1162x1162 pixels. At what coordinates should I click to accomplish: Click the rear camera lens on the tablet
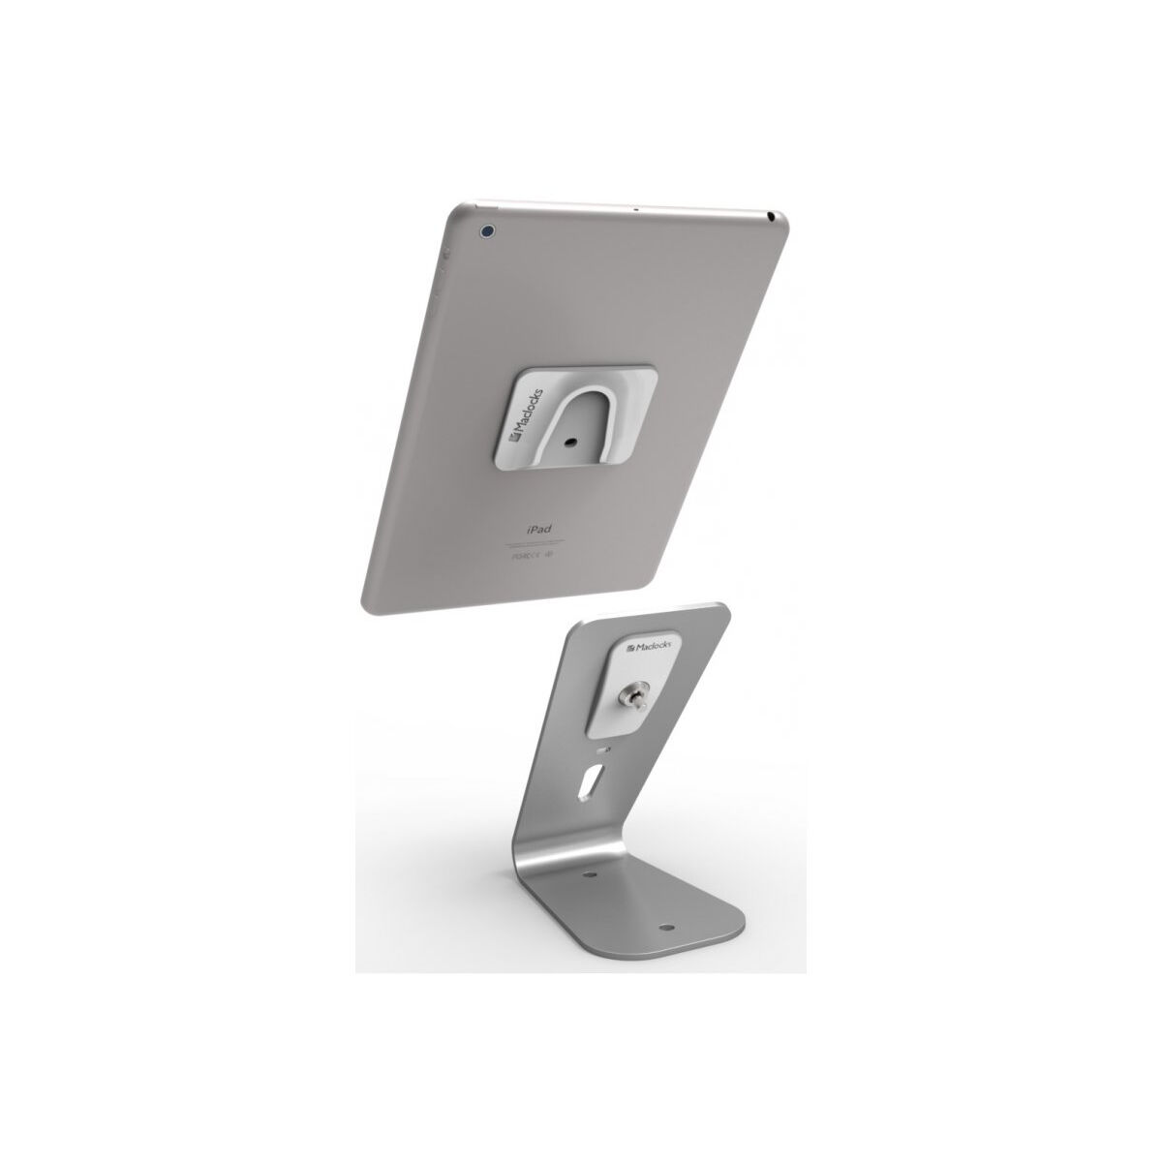tap(487, 231)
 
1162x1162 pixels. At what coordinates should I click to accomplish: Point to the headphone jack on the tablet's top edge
tap(768, 212)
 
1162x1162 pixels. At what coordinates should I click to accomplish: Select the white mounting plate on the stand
tap(651, 683)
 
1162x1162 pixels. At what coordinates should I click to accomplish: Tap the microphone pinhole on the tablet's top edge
tap(634, 207)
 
